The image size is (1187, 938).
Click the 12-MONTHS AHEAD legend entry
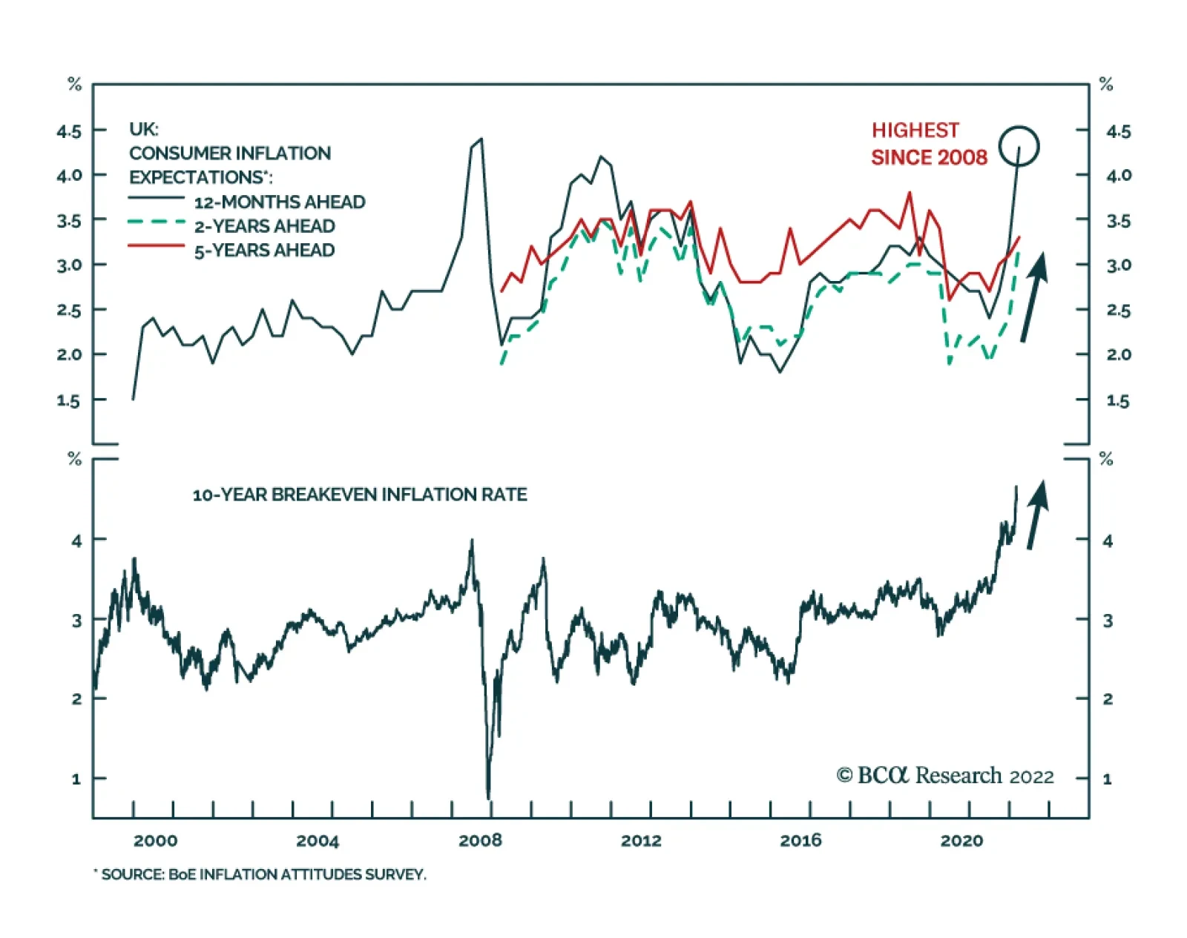click(279, 202)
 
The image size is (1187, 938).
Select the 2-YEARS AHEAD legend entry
click(264, 225)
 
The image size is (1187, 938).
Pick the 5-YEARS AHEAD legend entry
click(264, 250)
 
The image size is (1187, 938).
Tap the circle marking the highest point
click(1019, 146)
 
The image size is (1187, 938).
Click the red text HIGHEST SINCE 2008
click(929, 144)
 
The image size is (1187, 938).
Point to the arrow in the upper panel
click(1034, 297)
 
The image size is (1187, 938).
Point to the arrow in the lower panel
click(1037, 515)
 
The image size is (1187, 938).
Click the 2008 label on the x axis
click(480, 840)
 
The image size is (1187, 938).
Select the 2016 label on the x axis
click(800, 840)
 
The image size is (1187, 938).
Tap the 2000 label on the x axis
click(155, 840)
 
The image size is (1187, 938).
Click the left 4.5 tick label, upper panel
click(69, 131)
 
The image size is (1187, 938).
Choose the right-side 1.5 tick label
click(1118, 400)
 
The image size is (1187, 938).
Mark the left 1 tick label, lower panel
click(76, 779)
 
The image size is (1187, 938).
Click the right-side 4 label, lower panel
click(1107, 541)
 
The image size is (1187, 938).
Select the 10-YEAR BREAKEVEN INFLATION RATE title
click(360, 495)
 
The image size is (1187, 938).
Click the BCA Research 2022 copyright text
click(945, 776)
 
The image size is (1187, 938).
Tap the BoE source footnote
click(260, 875)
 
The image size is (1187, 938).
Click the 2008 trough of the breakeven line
click(488, 797)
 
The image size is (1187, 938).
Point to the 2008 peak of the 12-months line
click(481, 139)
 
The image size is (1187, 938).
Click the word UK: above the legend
click(143, 129)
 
